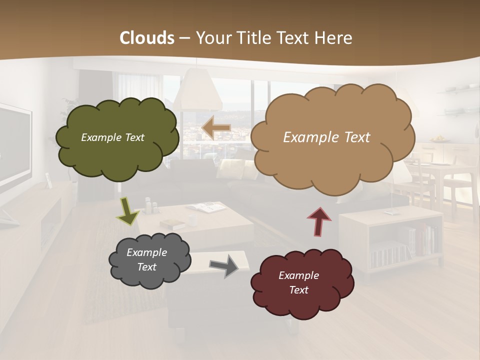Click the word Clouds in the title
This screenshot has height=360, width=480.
tap(147, 38)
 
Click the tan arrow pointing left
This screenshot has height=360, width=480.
tap(216, 128)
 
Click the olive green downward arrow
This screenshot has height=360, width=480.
tap(128, 210)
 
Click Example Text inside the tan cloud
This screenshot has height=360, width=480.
tap(326, 137)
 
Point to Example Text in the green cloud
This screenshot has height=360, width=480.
tap(112, 137)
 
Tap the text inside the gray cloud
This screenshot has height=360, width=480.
tap(146, 259)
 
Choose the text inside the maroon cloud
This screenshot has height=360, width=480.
tap(298, 282)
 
